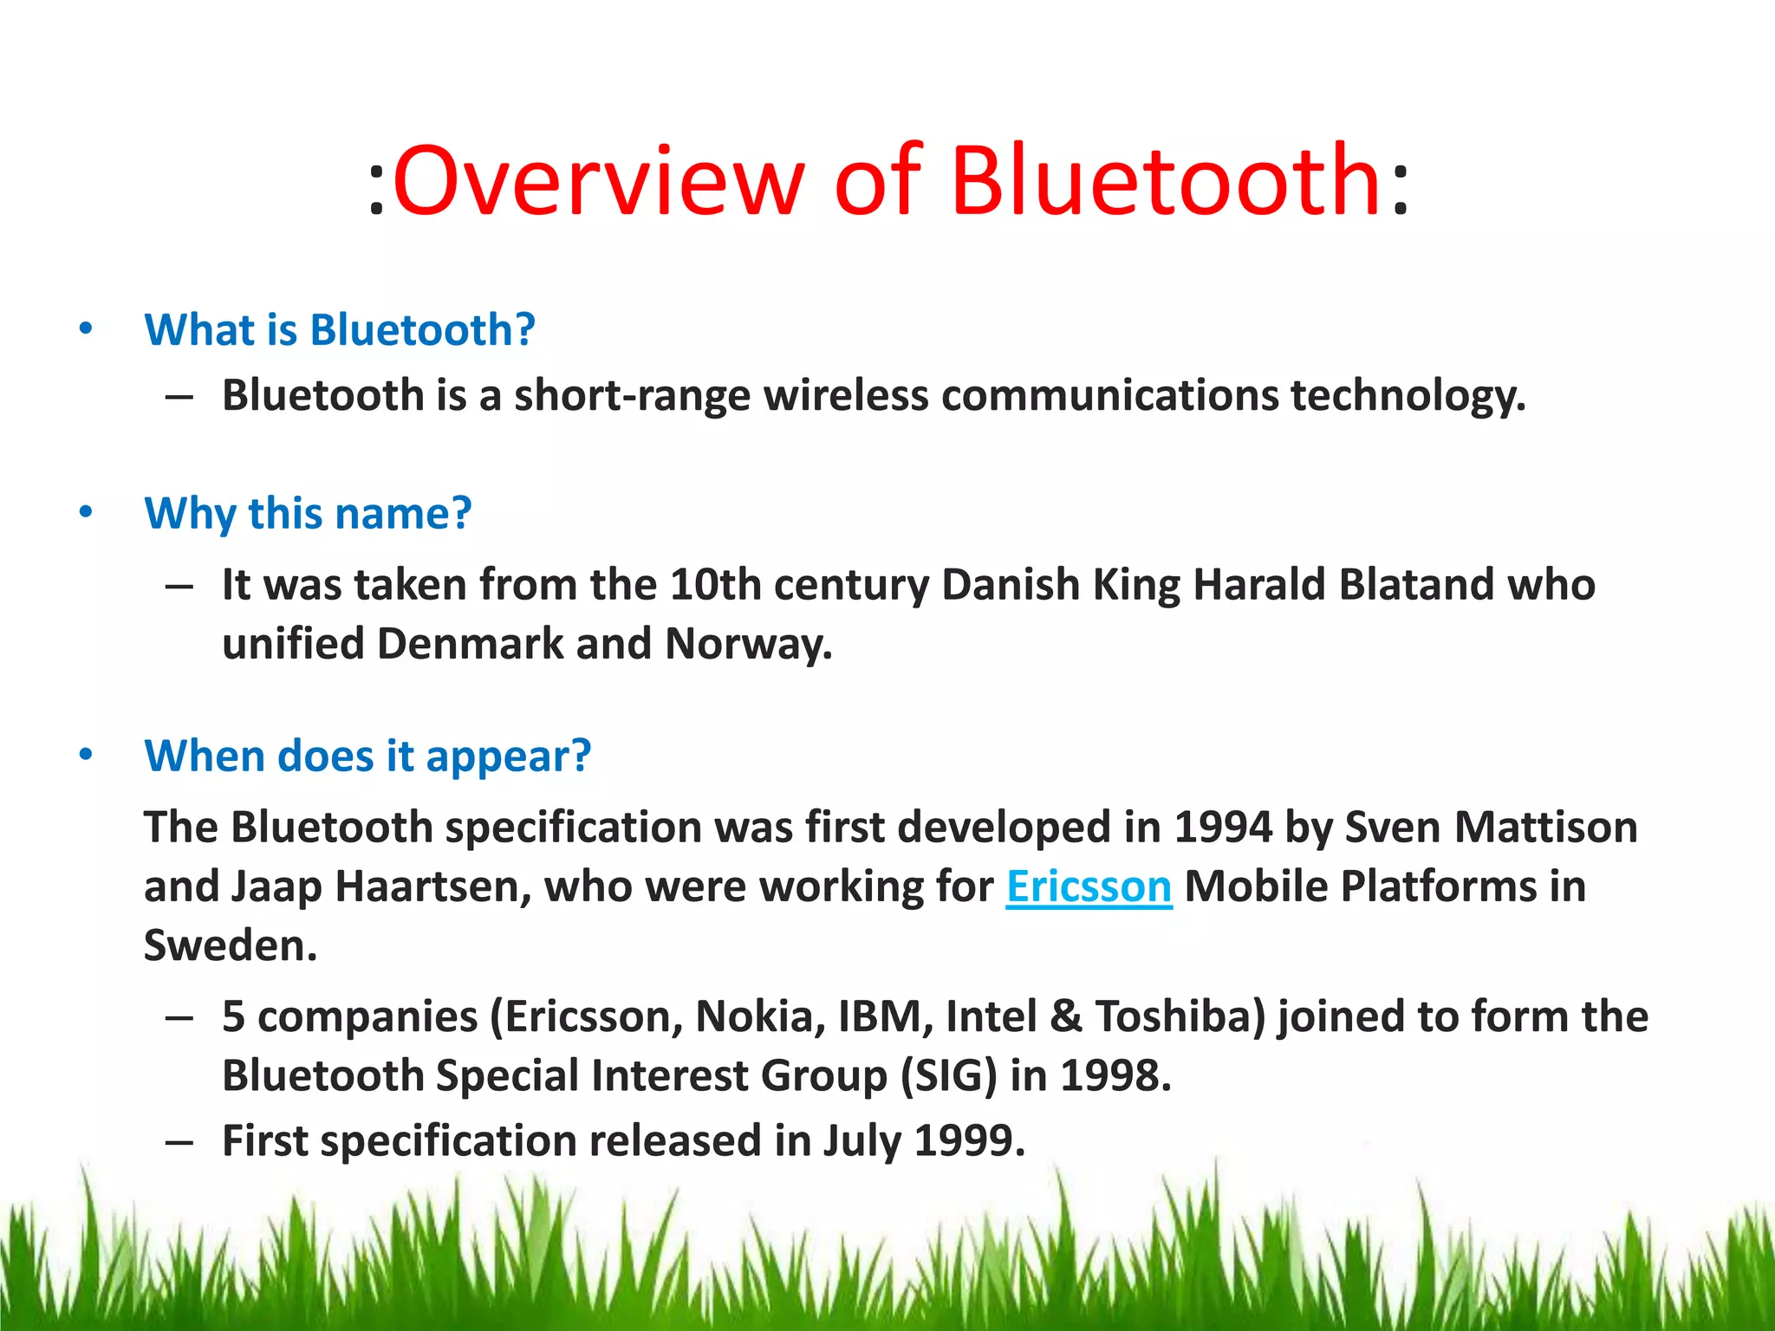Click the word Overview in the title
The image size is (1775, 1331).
click(x=598, y=182)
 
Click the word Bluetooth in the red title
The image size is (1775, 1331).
click(x=1165, y=182)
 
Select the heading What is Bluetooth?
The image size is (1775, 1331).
click(x=340, y=330)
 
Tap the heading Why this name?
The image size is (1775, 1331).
click(x=308, y=513)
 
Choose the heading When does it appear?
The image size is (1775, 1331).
click(x=367, y=756)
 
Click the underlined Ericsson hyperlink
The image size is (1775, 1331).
click(x=1089, y=886)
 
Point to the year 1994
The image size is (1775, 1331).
click(x=1222, y=827)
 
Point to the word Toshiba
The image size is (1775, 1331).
click(x=1179, y=1016)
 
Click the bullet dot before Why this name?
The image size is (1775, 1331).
click(x=85, y=512)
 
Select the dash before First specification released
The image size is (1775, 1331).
click(x=179, y=1142)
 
